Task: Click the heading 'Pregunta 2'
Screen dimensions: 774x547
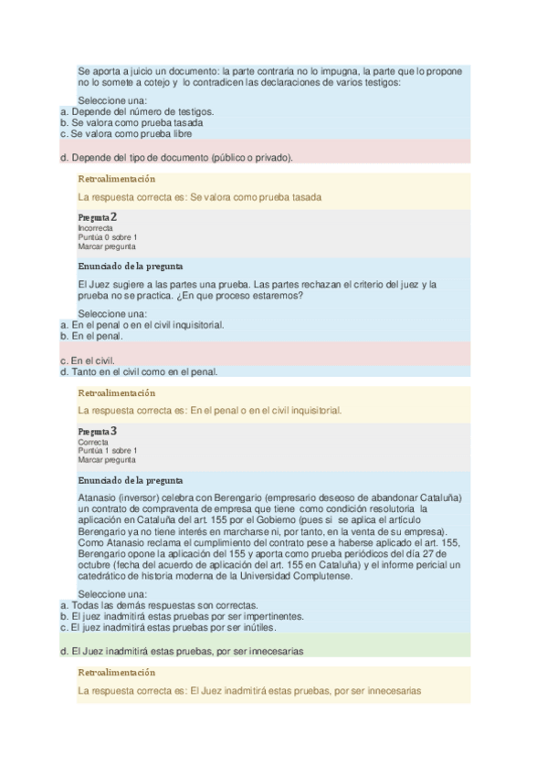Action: [98, 217]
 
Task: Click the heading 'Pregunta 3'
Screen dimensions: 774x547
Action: [98, 431]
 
